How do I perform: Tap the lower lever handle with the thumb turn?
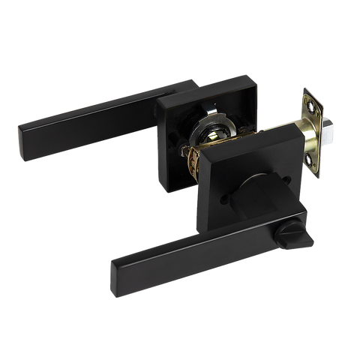coord(195,240)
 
